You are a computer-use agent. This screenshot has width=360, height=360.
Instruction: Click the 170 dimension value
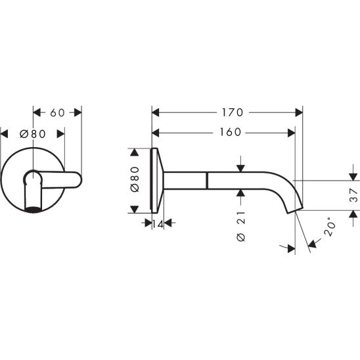[x=233, y=112]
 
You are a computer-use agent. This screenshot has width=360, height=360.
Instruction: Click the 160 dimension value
[x=231, y=132]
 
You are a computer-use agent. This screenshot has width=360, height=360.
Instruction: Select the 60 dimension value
[x=57, y=113]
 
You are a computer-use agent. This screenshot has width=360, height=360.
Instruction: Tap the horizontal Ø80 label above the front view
[x=33, y=134]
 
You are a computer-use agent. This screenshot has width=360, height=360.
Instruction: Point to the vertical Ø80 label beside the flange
[x=135, y=179]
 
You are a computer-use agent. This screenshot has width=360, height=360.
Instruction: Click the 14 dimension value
[x=158, y=224]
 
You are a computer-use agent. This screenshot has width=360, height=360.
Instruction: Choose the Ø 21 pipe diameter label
[x=240, y=227]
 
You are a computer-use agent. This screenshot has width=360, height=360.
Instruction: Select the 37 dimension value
[x=353, y=195]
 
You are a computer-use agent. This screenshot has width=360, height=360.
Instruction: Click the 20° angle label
[x=330, y=227]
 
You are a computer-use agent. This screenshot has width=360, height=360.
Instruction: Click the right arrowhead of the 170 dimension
[x=299, y=112]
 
